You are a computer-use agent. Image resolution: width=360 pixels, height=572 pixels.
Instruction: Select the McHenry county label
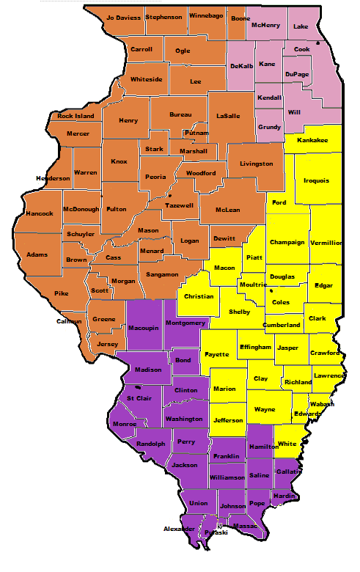266,25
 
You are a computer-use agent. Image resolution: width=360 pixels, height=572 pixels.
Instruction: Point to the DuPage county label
297,75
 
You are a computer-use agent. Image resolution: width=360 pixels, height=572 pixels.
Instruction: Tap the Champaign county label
287,243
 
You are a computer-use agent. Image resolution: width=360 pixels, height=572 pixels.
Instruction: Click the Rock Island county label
76,116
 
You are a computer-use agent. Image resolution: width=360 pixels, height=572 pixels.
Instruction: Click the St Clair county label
139,398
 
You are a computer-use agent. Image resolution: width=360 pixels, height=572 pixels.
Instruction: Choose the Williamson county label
227,477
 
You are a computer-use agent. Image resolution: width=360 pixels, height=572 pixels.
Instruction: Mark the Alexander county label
179,528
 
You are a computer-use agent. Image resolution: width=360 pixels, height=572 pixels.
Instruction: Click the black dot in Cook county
318,44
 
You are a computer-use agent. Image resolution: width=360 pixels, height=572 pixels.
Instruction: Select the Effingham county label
255,347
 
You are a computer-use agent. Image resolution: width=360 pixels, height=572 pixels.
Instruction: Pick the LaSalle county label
228,116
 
